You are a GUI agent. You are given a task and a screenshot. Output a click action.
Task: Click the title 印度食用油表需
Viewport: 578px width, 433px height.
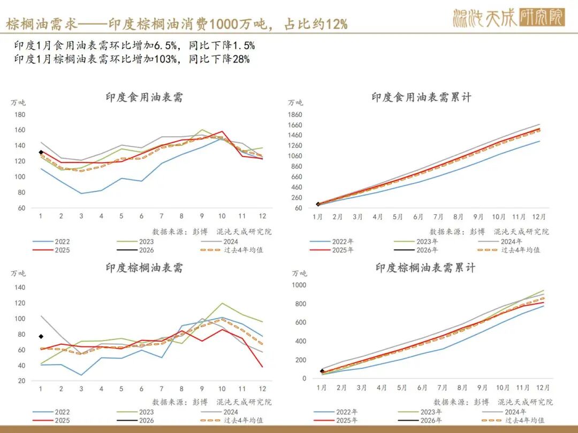(144, 97)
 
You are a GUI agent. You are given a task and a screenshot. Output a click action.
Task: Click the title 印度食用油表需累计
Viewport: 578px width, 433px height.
(421, 97)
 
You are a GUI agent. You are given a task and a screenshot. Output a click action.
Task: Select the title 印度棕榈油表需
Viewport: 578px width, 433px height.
(144, 268)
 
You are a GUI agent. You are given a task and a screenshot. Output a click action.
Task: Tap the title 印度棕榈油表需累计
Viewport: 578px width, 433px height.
(425, 268)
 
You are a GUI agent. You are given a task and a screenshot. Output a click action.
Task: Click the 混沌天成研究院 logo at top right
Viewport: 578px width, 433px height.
(508, 18)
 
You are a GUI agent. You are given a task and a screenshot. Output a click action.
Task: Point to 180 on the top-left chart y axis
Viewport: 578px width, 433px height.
(20, 114)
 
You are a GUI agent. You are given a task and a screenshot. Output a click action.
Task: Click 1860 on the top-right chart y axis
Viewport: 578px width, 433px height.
(295, 114)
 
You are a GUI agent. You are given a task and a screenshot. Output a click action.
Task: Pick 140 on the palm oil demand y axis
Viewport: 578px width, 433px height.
(20, 287)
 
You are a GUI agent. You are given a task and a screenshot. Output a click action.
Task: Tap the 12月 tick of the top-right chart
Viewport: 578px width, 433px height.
(539, 218)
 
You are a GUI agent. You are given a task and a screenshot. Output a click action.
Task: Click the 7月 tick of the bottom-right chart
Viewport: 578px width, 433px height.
(443, 388)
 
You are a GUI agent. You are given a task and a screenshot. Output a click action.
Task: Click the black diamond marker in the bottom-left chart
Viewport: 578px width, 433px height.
(41, 336)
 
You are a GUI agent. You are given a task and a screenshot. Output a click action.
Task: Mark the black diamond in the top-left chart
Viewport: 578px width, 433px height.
(41, 152)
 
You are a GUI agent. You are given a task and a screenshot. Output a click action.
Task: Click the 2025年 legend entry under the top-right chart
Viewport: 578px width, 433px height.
(343, 250)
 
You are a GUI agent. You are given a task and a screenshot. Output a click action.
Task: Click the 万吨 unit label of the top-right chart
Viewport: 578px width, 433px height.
(295, 103)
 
